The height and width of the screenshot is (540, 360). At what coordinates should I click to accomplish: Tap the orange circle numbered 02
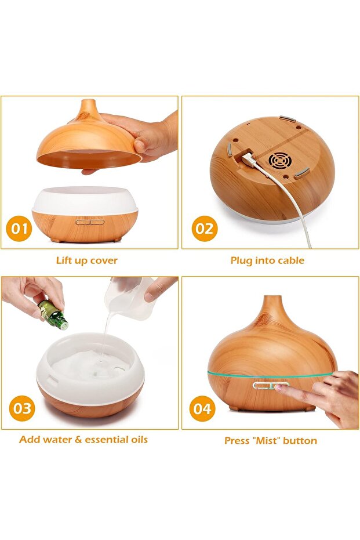click(x=204, y=229)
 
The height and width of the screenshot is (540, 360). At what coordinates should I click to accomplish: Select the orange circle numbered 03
click(x=22, y=408)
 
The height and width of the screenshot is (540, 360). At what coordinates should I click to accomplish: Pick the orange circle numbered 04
click(x=202, y=409)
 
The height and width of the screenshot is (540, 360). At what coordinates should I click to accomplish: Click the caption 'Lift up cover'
click(x=86, y=260)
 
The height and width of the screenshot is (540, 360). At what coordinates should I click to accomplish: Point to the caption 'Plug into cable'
click(x=267, y=260)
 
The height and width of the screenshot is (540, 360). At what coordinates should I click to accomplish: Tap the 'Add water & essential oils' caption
click(x=83, y=439)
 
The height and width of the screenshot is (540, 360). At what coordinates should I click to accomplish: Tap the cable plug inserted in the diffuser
click(x=248, y=158)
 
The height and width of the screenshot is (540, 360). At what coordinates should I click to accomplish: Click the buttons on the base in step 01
click(x=89, y=221)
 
